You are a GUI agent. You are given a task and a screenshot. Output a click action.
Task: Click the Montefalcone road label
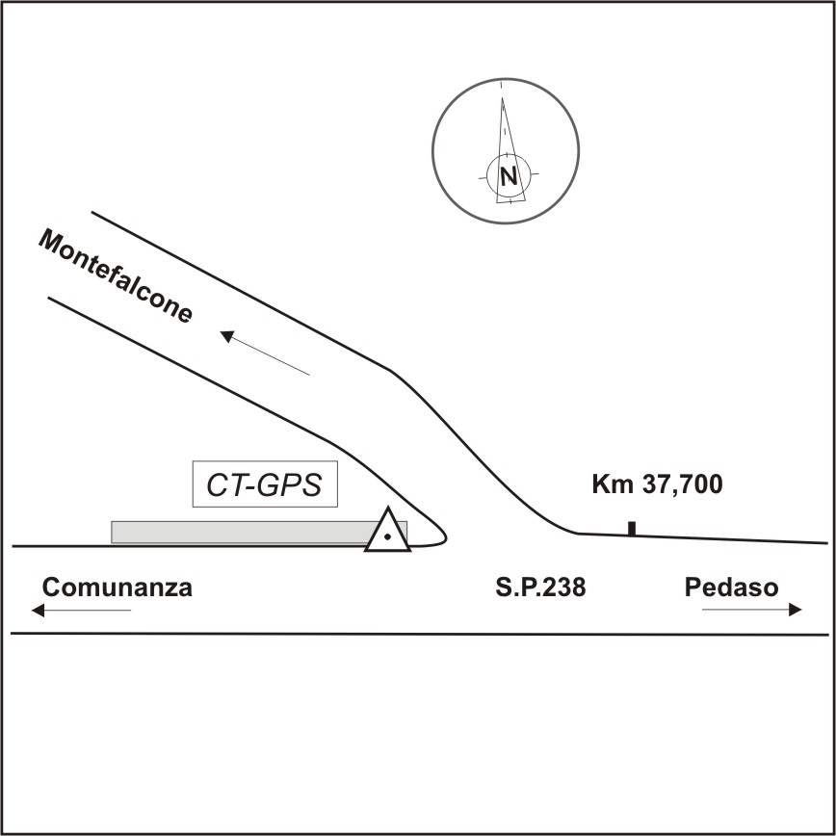pyautogui.click(x=116, y=276)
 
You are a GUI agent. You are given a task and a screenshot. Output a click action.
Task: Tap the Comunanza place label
pyautogui.click(x=118, y=588)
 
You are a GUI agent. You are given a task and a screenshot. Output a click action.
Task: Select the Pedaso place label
pyautogui.click(x=731, y=588)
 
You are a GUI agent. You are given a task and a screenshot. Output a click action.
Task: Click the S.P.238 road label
pyautogui.click(x=535, y=588)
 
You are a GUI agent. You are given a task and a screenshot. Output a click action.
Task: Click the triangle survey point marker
pyautogui.click(x=387, y=533)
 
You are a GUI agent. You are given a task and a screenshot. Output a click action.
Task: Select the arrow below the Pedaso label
pyautogui.click(x=751, y=609)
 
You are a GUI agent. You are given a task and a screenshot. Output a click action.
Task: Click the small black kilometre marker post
pyautogui.click(x=632, y=528)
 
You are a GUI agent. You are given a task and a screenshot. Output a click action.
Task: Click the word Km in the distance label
pyautogui.click(x=610, y=485)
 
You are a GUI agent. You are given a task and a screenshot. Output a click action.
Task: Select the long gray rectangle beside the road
pyautogui.click(x=241, y=532)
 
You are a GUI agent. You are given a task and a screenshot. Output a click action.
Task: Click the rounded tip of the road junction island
pyautogui.click(x=444, y=531)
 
